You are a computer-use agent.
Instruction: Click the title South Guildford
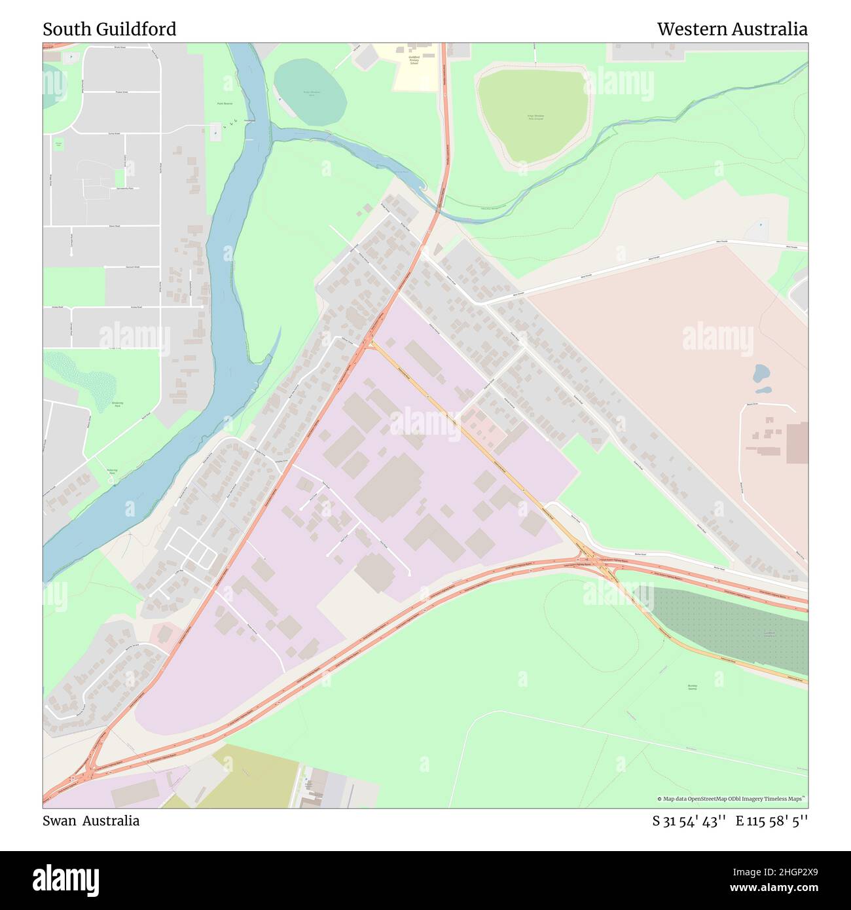[109, 29]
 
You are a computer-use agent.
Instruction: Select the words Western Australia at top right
[732, 29]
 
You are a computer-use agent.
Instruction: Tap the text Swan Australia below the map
[91, 820]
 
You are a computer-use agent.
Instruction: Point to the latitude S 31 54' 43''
[689, 820]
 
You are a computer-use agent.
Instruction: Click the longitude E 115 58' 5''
[771, 820]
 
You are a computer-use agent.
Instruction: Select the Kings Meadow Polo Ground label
[535, 117]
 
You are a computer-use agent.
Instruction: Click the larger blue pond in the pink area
[761, 374]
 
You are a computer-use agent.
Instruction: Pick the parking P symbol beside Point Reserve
[215, 134]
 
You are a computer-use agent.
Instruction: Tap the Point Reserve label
[225, 103]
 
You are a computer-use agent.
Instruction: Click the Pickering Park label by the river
[112, 471]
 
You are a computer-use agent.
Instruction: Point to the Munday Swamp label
[692, 687]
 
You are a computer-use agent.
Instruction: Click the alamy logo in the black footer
[66, 880]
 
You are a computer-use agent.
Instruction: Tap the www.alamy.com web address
[770, 888]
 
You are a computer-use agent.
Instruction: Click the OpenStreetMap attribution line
[731, 799]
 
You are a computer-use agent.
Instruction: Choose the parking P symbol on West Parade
[761, 224]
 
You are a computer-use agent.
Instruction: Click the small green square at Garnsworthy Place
[120, 177]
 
